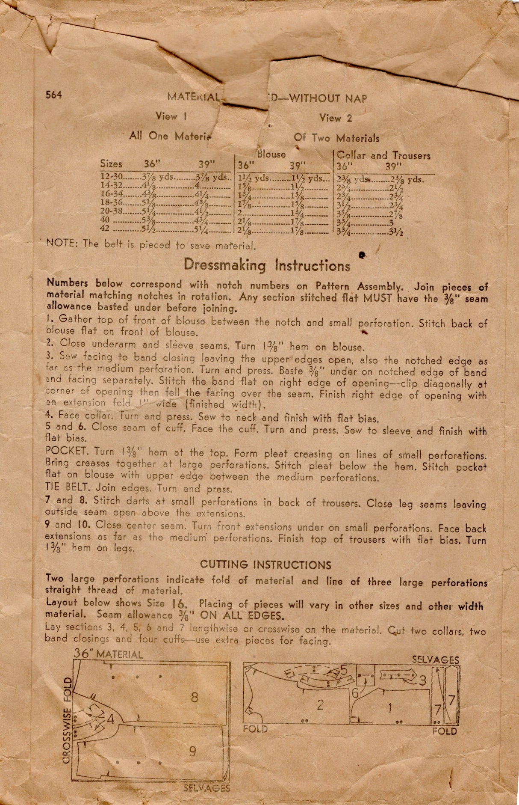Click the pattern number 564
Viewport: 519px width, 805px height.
click(x=54, y=95)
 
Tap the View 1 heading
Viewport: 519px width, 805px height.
click(x=171, y=116)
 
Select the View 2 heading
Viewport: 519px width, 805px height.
click(x=336, y=118)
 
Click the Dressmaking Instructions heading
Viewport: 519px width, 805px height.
click(x=267, y=265)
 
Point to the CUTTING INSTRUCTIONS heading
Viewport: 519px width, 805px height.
click(x=265, y=565)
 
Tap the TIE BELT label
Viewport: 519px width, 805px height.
click(x=68, y=487)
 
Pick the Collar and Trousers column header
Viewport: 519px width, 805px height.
click(x=383, y=155)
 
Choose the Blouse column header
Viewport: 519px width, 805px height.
click(x=271, y=154)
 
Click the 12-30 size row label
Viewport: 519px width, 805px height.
click(x=111, y=176)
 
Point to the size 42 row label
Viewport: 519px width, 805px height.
click(x=105, y=228)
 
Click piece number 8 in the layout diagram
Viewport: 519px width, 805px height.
click(x=195, y=697)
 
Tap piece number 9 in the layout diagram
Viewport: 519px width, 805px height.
click(x=193, y=751)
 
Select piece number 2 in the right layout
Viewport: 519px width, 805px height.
click(x=320, y=705)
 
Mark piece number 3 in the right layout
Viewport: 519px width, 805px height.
click(x=422, y=680)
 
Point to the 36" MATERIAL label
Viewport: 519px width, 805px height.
click(x=108, y=654)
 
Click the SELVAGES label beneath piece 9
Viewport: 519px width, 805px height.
click(x=206, y=788)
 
